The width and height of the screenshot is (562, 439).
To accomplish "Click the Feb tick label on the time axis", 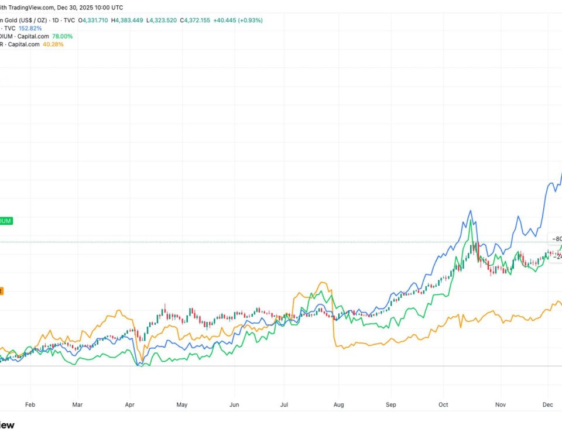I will point(30,404).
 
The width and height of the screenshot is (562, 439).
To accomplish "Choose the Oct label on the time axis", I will point(443,404).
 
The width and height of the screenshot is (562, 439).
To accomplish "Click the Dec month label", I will point(548,404).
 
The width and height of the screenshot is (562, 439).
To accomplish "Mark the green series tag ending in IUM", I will point(6,221).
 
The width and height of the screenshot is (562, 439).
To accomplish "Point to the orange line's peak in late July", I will point(321,283).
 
